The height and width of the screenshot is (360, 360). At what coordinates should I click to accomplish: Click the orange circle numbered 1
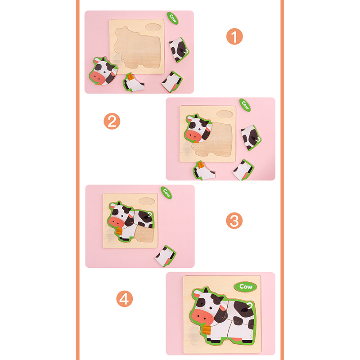[x=234, y=36]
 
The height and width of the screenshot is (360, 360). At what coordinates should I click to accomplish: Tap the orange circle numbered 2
[x=112, y=121]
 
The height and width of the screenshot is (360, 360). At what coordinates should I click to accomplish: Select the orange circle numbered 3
[x=234, y=220]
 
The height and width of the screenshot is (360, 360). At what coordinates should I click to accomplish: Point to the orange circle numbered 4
[x=125, y=299]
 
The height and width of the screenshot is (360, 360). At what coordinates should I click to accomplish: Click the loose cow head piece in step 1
[x=103, y=71]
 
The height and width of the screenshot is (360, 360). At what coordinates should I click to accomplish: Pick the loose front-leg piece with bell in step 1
[x=133, y=83]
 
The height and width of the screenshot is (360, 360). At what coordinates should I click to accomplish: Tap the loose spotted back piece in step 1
[x=179, y=50]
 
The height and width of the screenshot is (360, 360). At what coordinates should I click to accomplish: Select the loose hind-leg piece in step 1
[x=172, y=81]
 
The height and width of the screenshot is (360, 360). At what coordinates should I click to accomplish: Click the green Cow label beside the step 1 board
[x=173, y=18]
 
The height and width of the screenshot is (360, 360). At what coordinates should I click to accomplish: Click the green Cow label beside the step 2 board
[x=245, y=105]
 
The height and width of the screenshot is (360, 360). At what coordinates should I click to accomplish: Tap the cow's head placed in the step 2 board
[x=198, y=128]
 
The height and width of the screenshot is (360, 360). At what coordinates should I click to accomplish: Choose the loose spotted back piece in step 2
[x=251, y=138]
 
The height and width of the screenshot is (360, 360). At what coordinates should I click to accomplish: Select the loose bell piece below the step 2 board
[x=204, y=171]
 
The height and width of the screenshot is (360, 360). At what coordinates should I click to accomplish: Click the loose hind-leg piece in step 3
[x=166, y=256]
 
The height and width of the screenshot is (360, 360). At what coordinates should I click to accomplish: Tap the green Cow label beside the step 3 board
[x=166, y=193]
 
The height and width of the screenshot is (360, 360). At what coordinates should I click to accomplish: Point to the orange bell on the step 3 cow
[x=119, y=231]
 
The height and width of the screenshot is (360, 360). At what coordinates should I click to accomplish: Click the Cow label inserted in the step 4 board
[x=245, y=287]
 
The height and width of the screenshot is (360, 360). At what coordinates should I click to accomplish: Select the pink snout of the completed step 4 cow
[x=202, y=317]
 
